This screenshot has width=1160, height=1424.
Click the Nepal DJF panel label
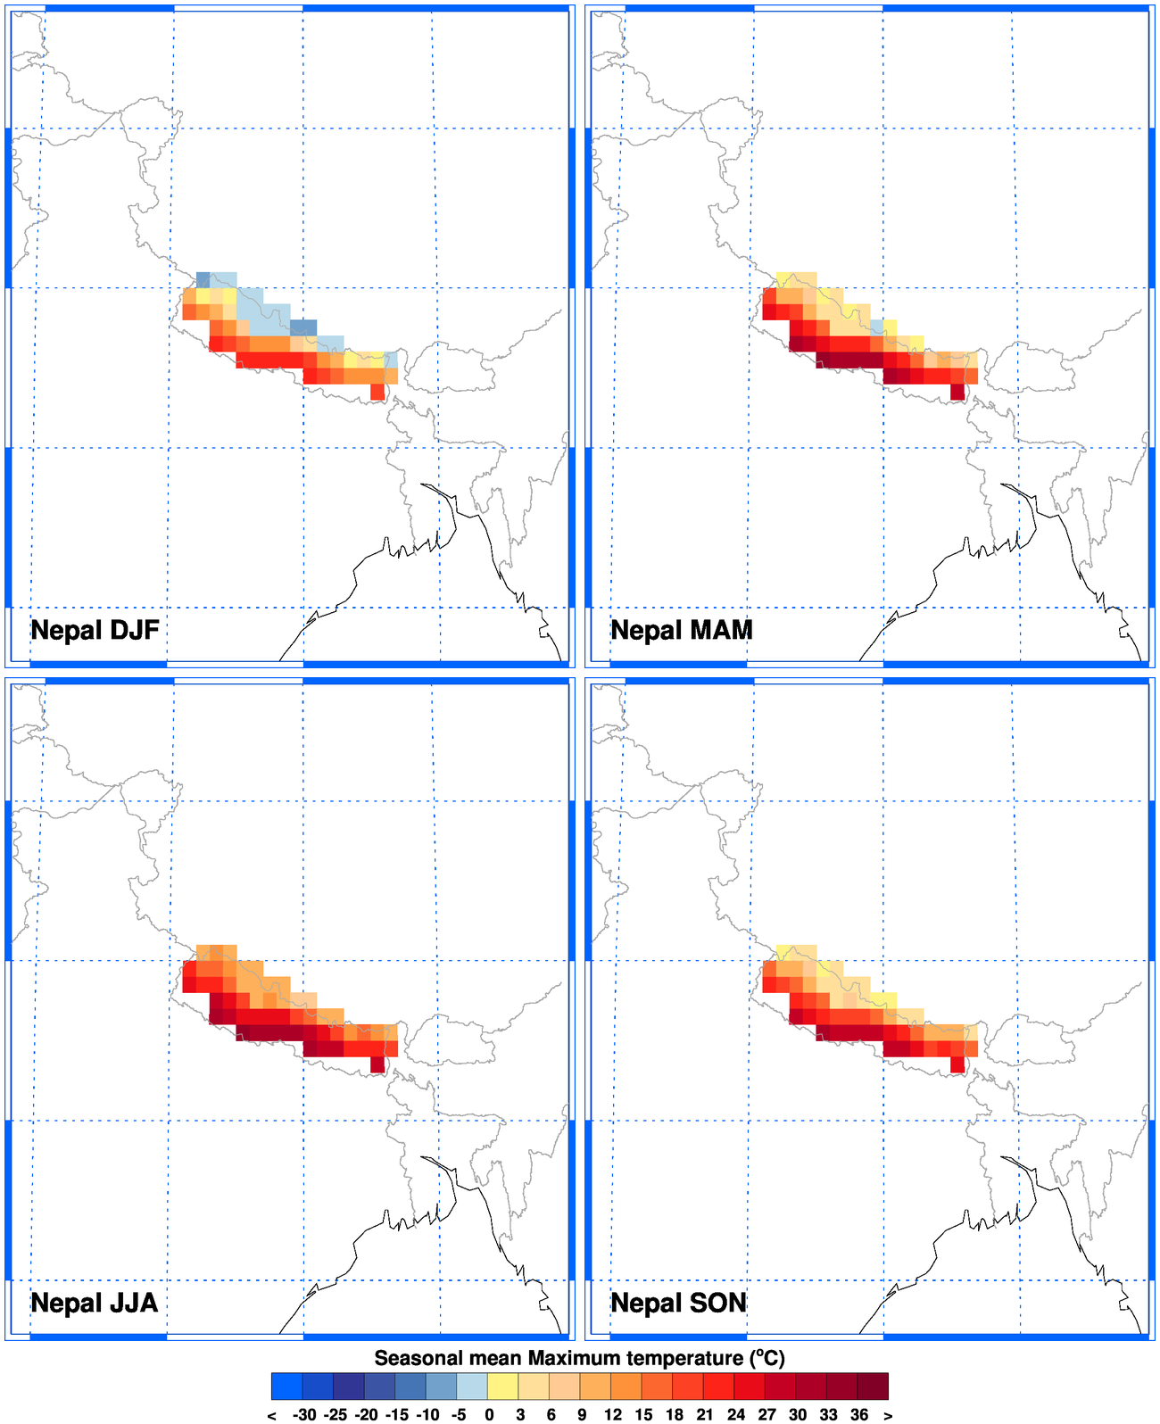[95, 630]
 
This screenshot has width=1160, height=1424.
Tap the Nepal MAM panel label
[682, 630]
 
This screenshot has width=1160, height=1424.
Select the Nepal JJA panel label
[95, 1303]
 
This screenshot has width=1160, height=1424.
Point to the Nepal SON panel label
[678, 1303]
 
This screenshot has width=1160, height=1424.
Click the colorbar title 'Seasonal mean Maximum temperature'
[579, 1358]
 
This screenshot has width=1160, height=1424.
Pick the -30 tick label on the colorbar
[304, 1414]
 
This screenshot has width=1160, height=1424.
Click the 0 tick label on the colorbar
[489, 1414]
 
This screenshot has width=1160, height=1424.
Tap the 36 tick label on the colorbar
[859, 1414]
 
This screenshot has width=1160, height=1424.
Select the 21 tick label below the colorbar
[705, 1414]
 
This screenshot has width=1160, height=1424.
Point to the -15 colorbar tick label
[397, 1414]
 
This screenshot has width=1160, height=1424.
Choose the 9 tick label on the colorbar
[582, 1414]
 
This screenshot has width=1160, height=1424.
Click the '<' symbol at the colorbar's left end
[272, 1415]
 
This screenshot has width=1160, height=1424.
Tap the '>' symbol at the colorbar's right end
[888, 1415]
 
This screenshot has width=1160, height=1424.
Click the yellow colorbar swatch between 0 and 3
[503, 1386]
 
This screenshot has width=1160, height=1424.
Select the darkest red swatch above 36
[873, 1386]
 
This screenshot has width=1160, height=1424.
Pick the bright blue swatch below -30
[286, 1386]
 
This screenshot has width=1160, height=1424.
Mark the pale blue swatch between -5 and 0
[472, 1386]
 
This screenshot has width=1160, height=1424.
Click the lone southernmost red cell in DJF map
[377, 392]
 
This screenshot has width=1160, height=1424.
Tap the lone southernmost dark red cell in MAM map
[957, 392]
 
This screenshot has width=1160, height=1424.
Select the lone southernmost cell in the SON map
[957, 1064]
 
